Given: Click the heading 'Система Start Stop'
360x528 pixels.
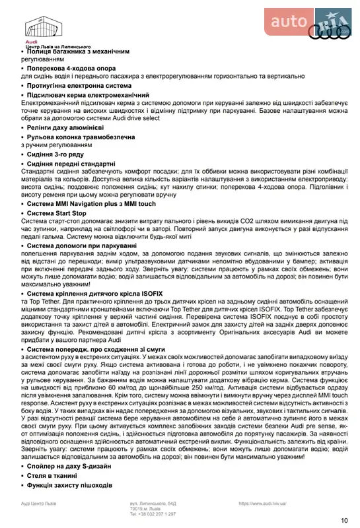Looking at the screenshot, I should click(x=56, y=214).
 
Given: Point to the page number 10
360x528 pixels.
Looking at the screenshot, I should click(x=344, y=520).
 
